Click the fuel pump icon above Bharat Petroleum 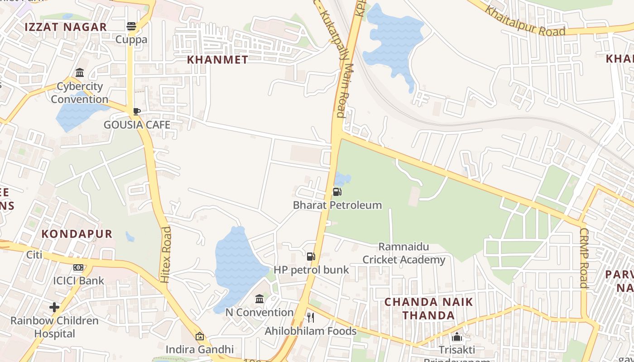337,192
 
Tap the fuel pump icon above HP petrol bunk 311,257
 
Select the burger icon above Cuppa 131,26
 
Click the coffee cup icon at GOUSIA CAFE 136,111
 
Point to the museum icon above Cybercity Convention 80,73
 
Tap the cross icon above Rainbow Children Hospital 54,308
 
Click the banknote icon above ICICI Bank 78,267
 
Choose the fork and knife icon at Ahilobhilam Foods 311,318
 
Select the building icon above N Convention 259,299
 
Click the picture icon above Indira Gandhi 199,336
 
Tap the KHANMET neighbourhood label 217,60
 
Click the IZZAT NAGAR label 66,27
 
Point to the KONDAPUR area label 77,234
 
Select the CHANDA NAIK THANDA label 428,309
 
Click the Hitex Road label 166,255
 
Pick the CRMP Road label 584,258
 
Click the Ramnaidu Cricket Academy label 404,253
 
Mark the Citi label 34,255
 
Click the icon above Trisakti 457,337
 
